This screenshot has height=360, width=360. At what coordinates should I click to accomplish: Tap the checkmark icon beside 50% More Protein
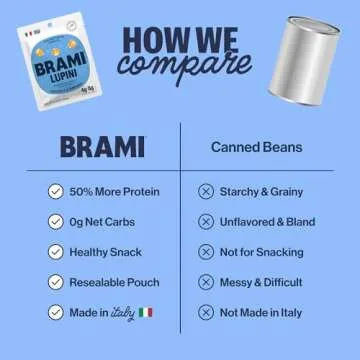pos(55,191)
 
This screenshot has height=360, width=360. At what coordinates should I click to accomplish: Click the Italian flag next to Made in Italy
pos(147,313)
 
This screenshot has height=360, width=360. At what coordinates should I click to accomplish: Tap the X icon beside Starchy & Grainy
pos(206,191)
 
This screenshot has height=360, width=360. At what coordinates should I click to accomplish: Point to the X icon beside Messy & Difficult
pos(206,282)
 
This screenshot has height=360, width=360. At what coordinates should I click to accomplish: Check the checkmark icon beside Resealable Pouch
pos(55,282)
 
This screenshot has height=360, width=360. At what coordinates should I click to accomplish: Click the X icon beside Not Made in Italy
pos(206,313)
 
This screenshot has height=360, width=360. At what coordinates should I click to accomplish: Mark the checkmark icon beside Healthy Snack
pos(55,252)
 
